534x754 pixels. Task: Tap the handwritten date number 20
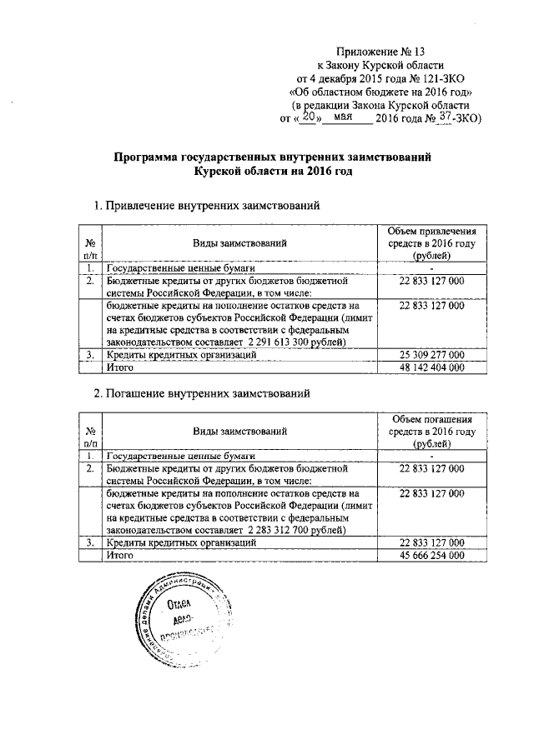click(x=309, y=118)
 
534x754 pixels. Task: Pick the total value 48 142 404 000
click(x=431, y=367)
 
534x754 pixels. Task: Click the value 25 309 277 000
click(x=431, y=355)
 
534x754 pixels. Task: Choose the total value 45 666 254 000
click(x=431, y=554)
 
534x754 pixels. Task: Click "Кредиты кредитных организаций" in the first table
click(x=179, y=355)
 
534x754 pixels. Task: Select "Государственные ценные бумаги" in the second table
click(x=179, y=456)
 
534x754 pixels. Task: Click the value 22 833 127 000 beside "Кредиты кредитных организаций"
click(x=431, y=542)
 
